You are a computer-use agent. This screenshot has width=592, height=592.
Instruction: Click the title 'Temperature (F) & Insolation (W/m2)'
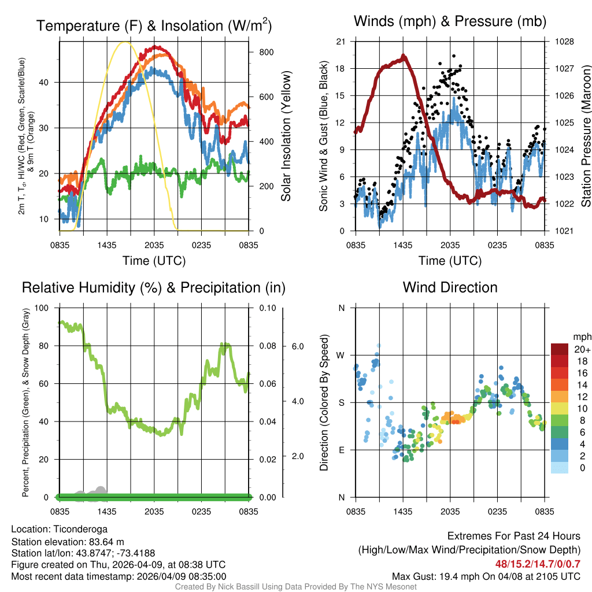tap(154, 25)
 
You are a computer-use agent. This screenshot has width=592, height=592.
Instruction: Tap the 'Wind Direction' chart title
tap(450, 287)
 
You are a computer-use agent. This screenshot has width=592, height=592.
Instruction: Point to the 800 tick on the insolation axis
tap(266, 52)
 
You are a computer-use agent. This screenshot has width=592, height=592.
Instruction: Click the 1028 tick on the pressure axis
tap(565, 42)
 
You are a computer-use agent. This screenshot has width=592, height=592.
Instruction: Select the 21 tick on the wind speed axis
tap(341, 42)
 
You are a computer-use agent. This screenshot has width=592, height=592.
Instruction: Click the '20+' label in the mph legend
tap(582, 350)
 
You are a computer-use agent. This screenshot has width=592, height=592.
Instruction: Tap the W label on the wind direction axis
tap(341, 355)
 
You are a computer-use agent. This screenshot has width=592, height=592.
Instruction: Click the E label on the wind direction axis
tap(341, 450)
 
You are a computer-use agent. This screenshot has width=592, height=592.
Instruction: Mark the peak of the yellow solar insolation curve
tap(124, 42)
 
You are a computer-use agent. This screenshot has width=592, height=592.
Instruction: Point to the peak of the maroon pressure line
tap(403, 56)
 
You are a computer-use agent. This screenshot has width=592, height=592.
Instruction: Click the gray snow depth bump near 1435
tap(100, 490)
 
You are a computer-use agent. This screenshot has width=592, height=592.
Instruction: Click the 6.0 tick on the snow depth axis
tap(296, 346)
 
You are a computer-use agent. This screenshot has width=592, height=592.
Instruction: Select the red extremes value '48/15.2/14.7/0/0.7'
tap(537, 564)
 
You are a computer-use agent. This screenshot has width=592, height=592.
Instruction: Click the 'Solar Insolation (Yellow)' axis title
tap(286, 136)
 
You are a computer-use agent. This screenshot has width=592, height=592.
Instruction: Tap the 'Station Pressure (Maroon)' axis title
tap(585, 136)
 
